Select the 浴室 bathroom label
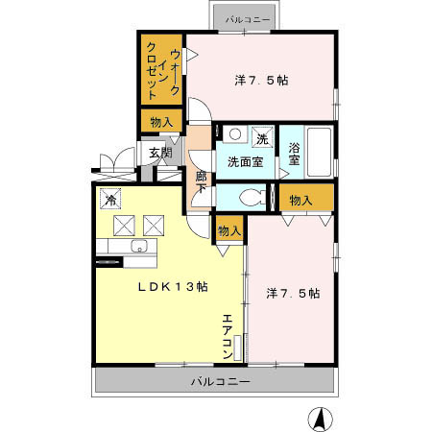tap(295, 155)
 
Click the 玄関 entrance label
tap(160, 152)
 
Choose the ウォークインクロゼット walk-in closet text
tap(162, 68)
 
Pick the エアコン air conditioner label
tap(228, 338)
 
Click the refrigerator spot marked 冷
tap(111, 201)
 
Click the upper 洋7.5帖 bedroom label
tap(261, 81)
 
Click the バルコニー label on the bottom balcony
tap(220, 381)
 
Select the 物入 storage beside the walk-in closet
tap(160, 122)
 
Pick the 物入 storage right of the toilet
tap(300, 200)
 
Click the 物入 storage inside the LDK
tap(228, 231)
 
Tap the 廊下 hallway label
tap(201, 183)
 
